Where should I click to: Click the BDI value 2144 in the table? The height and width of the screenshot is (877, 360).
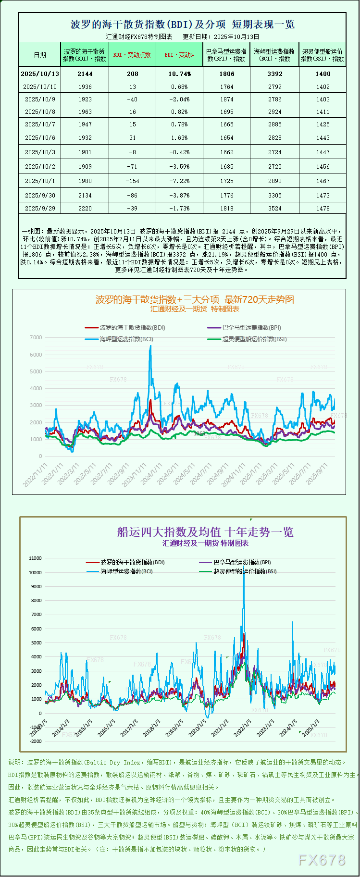point(85,74)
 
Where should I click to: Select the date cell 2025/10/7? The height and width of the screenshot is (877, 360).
point(40,124)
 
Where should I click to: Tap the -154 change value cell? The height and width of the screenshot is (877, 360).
point(132,181)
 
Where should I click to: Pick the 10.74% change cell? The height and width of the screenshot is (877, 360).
point(179,74)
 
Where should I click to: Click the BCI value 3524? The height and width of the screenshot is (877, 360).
point(275,209)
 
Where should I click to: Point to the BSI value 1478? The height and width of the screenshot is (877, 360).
point(323,209)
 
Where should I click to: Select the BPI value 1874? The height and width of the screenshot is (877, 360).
point(227,99)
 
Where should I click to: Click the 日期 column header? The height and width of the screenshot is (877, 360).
point(40,55)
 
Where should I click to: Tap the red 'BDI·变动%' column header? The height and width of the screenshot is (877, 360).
point(179,55)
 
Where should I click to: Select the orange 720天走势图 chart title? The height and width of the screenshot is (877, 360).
point(195,299)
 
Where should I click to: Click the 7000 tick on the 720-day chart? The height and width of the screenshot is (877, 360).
point(36,337)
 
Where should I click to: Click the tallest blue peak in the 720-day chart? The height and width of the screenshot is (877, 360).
point(150,346)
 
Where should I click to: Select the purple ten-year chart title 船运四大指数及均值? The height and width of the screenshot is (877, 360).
point(205,532)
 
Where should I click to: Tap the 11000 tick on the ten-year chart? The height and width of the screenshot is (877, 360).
point(36,558)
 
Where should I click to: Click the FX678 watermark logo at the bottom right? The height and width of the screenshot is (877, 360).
point(322,860)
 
